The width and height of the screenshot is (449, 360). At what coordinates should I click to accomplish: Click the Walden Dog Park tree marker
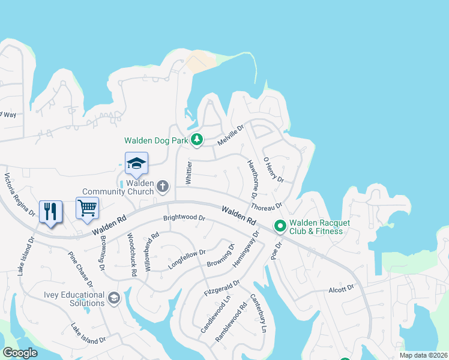pos(197,140)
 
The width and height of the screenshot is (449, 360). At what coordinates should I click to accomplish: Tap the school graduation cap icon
pos(136,163)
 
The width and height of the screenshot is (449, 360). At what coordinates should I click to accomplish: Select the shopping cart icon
pos(87,208)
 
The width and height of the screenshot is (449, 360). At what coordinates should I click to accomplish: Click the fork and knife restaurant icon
pos(50,211)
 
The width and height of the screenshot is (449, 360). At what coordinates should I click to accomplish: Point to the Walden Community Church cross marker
pos(162,187)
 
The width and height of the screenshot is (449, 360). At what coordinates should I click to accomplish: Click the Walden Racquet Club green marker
pos(280,226)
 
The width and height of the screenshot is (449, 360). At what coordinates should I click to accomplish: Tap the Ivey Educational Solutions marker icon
pos(113,298)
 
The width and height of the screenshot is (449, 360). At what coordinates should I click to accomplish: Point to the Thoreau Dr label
pos(267,207)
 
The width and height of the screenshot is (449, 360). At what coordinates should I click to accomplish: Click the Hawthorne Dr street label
pos(252,179)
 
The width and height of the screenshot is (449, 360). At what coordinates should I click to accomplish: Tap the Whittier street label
pos(188,172)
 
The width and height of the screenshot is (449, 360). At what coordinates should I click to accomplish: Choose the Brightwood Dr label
pos(184,218)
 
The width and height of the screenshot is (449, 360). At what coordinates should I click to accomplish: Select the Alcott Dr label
pos(342,289)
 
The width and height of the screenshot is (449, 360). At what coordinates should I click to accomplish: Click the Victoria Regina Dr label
pos(17,193)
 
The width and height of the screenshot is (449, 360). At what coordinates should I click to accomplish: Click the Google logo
pos(20,352)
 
